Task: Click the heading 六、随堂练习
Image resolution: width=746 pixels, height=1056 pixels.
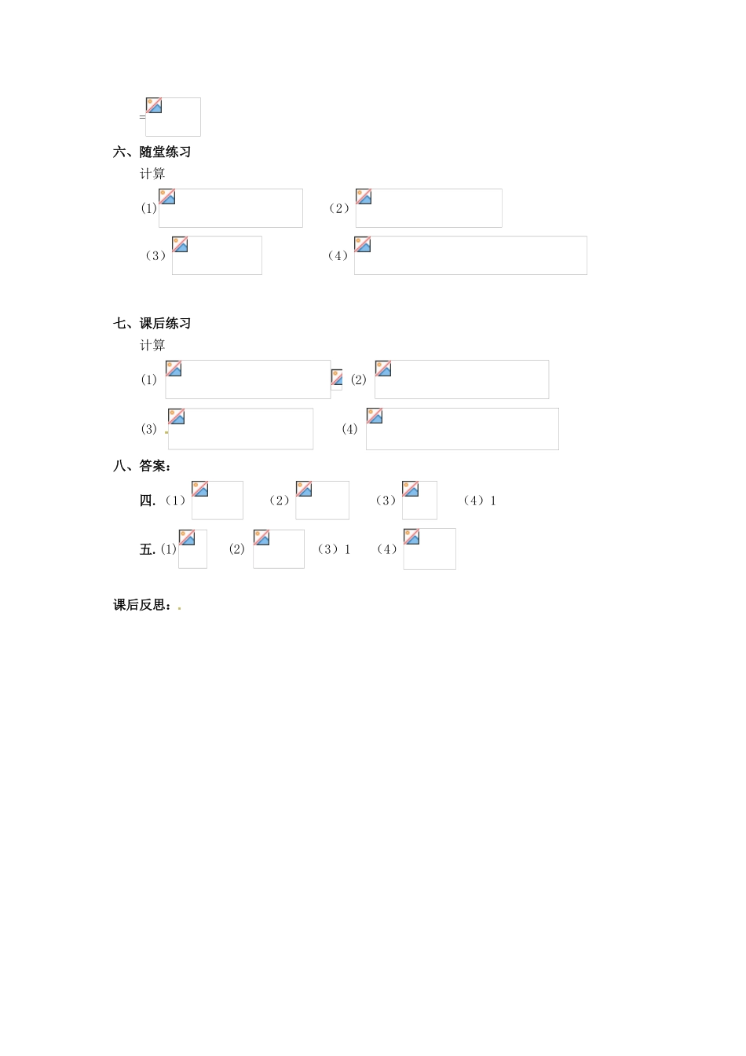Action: pyautogui.click(x=152, y=152)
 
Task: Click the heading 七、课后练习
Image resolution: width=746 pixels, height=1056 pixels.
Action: pyautogui.click(x=152, y=324)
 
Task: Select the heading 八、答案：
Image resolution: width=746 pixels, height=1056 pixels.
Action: pyautogui.click(x=142, y=466)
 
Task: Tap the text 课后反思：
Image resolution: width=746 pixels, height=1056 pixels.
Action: pyautogui.click(x=142, y=605)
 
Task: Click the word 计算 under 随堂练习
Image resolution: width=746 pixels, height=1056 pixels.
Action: pyautogui.click(x=152, y=174)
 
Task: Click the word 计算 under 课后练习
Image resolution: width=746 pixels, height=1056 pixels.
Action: pyautogui.click(x=152, y=345)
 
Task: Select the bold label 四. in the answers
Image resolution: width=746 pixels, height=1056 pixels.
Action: pyautogui.click(x=148, y=500)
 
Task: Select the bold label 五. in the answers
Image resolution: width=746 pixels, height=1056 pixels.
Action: pyautogui.click(x=148, y=549)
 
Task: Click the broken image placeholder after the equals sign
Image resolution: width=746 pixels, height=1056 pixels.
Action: pyautogui.click(x=173, y=116)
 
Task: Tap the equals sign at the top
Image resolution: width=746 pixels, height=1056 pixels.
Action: pyautogui.click(x=142, y=117)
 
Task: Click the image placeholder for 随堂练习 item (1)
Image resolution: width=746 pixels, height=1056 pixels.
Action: pyautogui.click(x=230, y=208)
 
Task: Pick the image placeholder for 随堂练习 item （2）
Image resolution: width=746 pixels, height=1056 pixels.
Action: pyautogui.click(x=428, y=208)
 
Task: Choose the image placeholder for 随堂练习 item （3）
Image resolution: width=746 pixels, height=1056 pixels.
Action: pyautogui.click(x=217, y=255)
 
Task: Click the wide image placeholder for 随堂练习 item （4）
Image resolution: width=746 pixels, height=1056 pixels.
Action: pyautogui.click(x=470, y=255)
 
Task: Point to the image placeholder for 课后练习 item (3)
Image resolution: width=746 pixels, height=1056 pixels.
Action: pyautogui.click(x=240, y=429)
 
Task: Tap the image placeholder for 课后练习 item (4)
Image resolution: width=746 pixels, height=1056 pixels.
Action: pyautogui.click(x=462, y=429)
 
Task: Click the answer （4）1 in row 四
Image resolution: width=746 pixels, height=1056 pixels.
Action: pyautogui.click(x=480, y=500)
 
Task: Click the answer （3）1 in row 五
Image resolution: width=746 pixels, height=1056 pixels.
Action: pyautogui.click(x=334, y=549)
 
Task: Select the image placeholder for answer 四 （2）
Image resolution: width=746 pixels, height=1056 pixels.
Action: pyautogui.click(x=322, y=500)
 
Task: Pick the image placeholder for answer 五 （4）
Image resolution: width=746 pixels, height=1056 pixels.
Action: pyautogui.click(x=429, y=548)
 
